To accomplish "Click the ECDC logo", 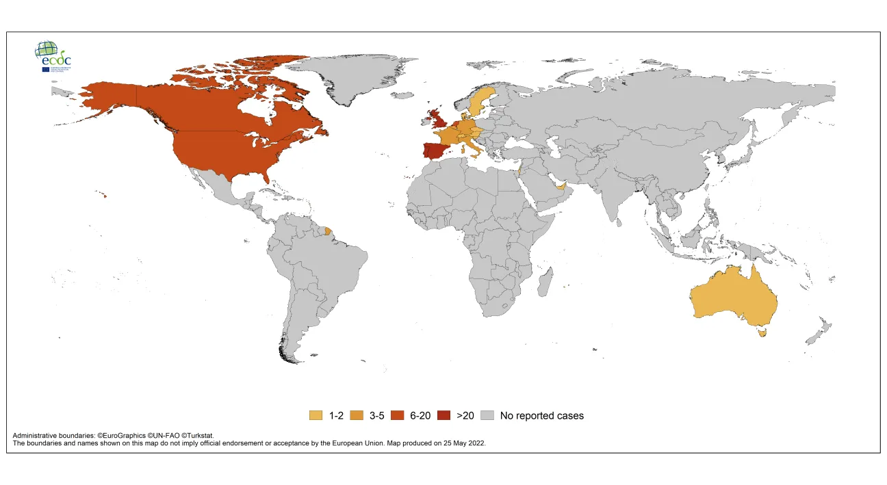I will (x=53, y=56).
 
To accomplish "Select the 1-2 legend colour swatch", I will (x=316, y=415).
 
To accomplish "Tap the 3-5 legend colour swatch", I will (x=357, y=415).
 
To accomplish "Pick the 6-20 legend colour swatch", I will (x=397, y=415).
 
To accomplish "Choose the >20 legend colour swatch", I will (x=444, y=415).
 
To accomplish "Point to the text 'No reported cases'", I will (x=541, y=415).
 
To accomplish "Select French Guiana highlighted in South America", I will (x=329, y=232).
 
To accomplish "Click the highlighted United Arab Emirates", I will (x=561, y=187).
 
